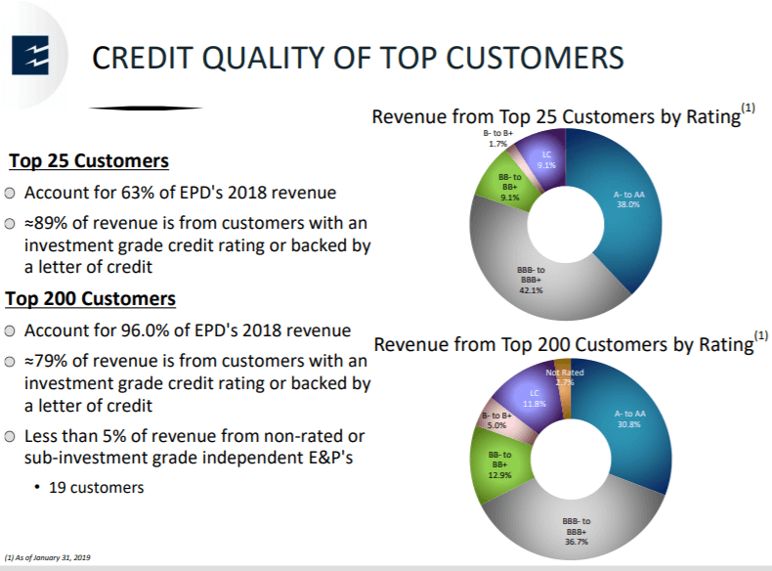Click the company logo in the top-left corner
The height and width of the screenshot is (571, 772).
pyautogui.click(x=30, y=55)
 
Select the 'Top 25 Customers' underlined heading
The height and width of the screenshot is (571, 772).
pyautogui.click(x=89, y=161)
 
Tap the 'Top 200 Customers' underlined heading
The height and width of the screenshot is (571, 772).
pyautogui.click(x=91, y=299)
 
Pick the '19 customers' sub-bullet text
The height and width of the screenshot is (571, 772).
pyautogui.click(x=97, y=488)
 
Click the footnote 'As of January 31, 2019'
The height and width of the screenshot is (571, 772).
pyautogui.click(x=48, y=557)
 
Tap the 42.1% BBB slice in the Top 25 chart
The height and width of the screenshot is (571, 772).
pyautogui.click(x=532, y=281)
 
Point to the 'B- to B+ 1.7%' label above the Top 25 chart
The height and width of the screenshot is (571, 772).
pyautogui.click(x=497, y=139)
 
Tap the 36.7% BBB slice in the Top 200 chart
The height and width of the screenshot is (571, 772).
pyautogui.click(x=576, y=530)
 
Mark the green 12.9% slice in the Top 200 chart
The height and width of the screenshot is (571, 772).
pyautogui.click(x=498, y=463)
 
